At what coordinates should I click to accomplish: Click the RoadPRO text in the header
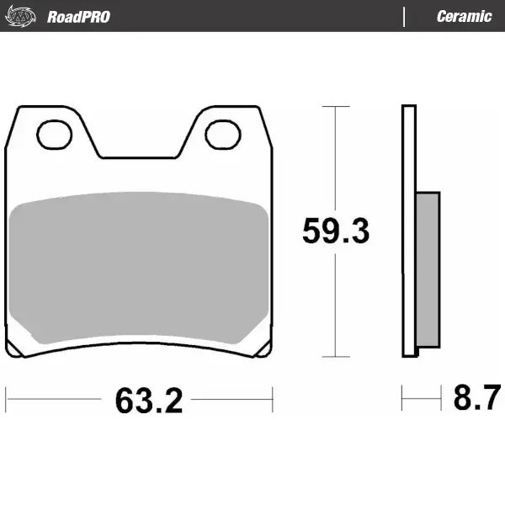click(x=78, y=16)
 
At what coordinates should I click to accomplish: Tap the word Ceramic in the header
click(x=464, y=16)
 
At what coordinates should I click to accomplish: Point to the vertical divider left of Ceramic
click(x=404, y=16)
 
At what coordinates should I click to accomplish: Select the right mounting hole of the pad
click(x=222, y=133)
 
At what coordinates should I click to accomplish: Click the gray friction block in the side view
click(x=428, y=268)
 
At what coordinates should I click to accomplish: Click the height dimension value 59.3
click(x=335, y=231)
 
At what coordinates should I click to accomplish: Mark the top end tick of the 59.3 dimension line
click(x=336, y=107)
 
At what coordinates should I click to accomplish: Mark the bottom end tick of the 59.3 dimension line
click(x=336, y=358)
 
